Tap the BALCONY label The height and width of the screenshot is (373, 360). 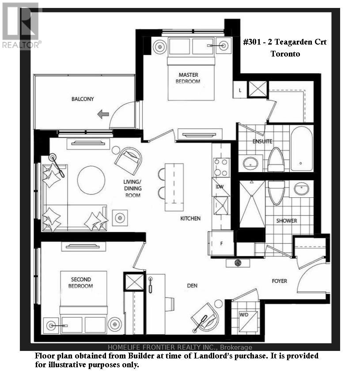[x=83, y=99]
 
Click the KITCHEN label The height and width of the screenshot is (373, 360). [x=190, y=219]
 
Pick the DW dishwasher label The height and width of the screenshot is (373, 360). [x=220, y=187]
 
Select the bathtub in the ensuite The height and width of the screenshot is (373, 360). [x=301, y=148]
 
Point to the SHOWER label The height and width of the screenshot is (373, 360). [x=287, y=221]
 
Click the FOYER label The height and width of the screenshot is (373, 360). [x=279, y=281]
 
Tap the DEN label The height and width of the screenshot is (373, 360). [x=192, y=286]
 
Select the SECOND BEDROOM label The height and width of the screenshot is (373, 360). [x=81, y=283]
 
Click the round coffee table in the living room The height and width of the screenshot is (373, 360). [x=91, y=180]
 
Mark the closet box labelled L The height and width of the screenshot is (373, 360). [x=240, y=90]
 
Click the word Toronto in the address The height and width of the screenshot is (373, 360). [x=285, y=54]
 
